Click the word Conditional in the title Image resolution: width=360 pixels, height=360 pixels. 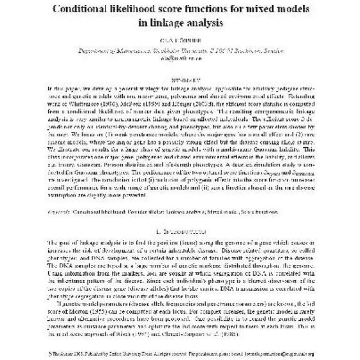tap(82, 10)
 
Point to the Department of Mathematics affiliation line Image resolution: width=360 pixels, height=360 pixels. tap(179, 57)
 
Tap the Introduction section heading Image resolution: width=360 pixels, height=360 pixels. tap(179, 230)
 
